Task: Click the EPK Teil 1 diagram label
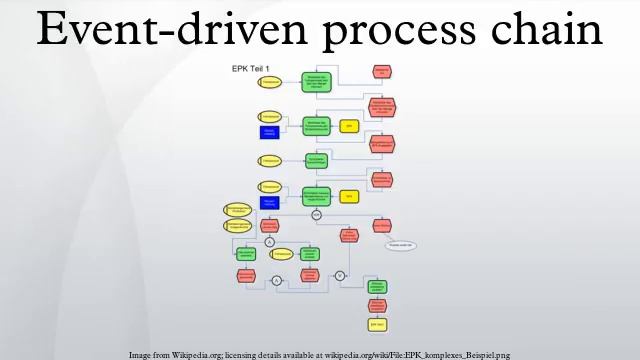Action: pyautogui.click(x=254, y=68)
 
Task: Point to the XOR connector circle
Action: pyautogui.click(x=316, y=214)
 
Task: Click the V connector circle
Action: pyautogui.click(x=339, y=275)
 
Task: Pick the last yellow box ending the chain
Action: pyautogui.click(x=377, y=325)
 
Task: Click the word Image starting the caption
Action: pyautogui.click(x=140, y=354)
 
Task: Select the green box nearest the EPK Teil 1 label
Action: pyautogui.click(x=315, y=81)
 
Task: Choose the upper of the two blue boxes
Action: pyautogui.click(x=268, y=133)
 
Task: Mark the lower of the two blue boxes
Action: pyautogui.click(x=268, y=202)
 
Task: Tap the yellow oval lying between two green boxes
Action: pyautogui.click(x=283, y=255)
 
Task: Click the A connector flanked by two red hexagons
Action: pyautogui.click(x=277, y=282)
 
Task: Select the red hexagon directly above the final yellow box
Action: pyautogui.click(x=377, y=306)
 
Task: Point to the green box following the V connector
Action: pyautogui.click(x=377, y=287)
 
